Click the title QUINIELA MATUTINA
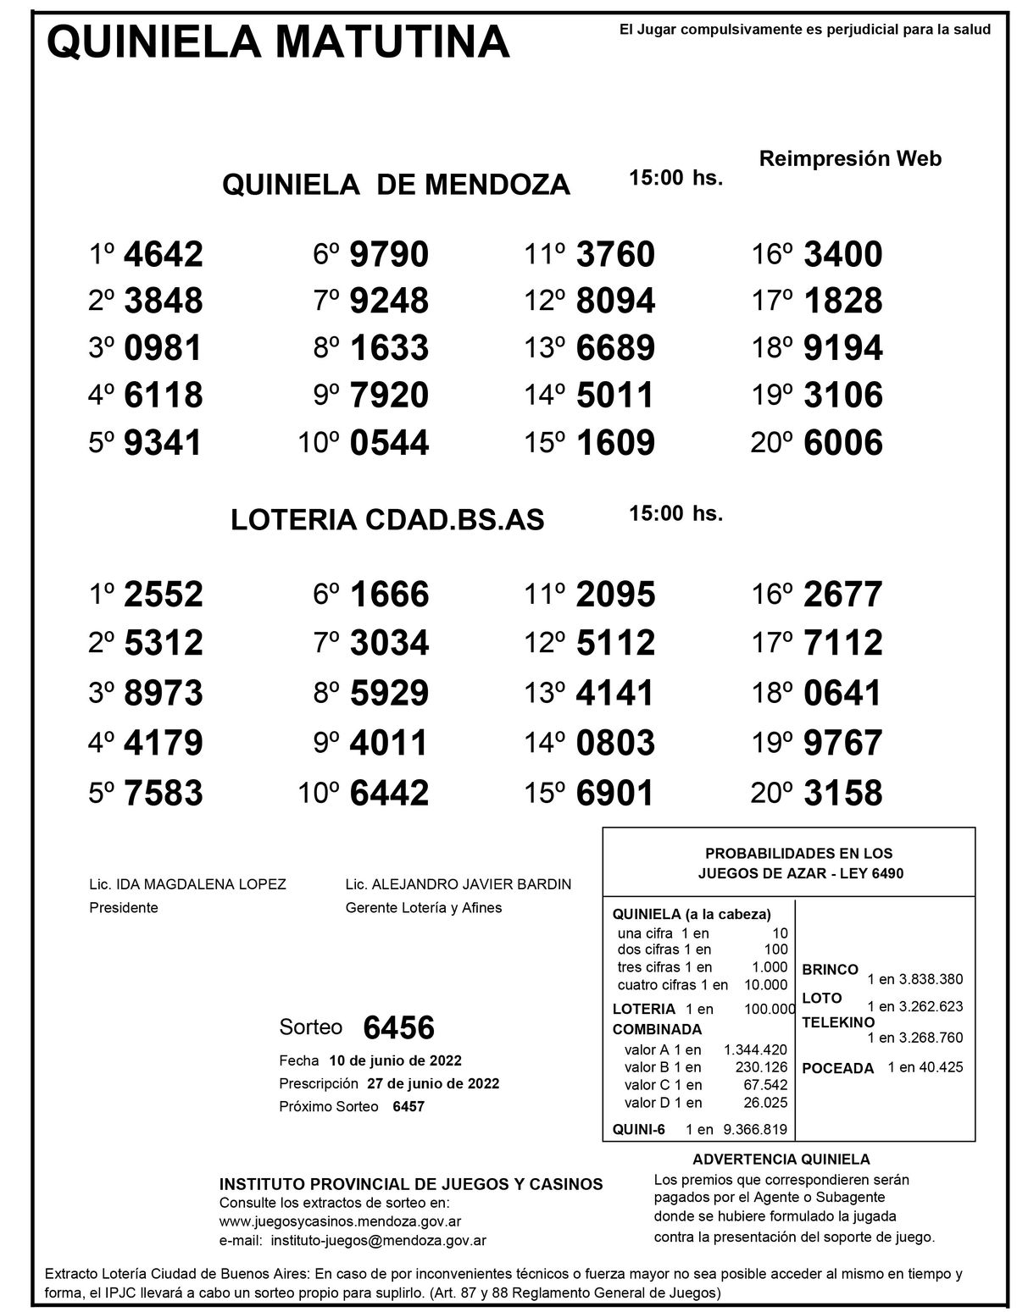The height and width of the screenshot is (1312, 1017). pyautogui.click(x=278, y=42)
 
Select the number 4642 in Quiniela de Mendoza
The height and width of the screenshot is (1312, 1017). pyautogui.click(x=164, y=254)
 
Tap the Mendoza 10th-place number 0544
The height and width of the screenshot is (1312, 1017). pyautogui.click(x=389, y=443)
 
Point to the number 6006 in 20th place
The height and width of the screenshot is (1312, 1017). pyautogui.click(x=842, y=443)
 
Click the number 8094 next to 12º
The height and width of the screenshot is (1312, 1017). pyautogui.click(x=615, y=302)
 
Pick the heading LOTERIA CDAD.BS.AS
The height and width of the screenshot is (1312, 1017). pyautogui.click(x=387, y=521)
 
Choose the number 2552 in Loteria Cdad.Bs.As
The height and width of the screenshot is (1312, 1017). pyautogui.click(x=164, y=595)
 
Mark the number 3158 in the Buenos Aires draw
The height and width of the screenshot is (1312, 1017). pyautogui.click(x=842, y=794)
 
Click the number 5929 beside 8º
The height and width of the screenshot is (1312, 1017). pyautogui.click(x=389, y=694)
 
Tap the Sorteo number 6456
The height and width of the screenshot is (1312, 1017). pyautogui.click(x=398, y=1028)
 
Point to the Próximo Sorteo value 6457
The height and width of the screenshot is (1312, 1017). pyautogui.click(x=408, y=1107)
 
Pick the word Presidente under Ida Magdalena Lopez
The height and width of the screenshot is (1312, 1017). pyautogui.click(x=124, y=908)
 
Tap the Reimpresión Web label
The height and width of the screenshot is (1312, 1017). pyautogui.click(x=850, y=158)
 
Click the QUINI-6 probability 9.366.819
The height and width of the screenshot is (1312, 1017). pyautogui.click(x=754, y=1129)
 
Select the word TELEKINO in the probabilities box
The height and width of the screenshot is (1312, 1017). pyautogui.click(x=838, y=1022)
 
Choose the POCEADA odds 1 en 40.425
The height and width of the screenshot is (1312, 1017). pyautogui.click(x=925, y=1067)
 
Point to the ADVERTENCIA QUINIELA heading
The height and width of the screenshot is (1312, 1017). pyautogui.click(x=781, y=1160)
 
